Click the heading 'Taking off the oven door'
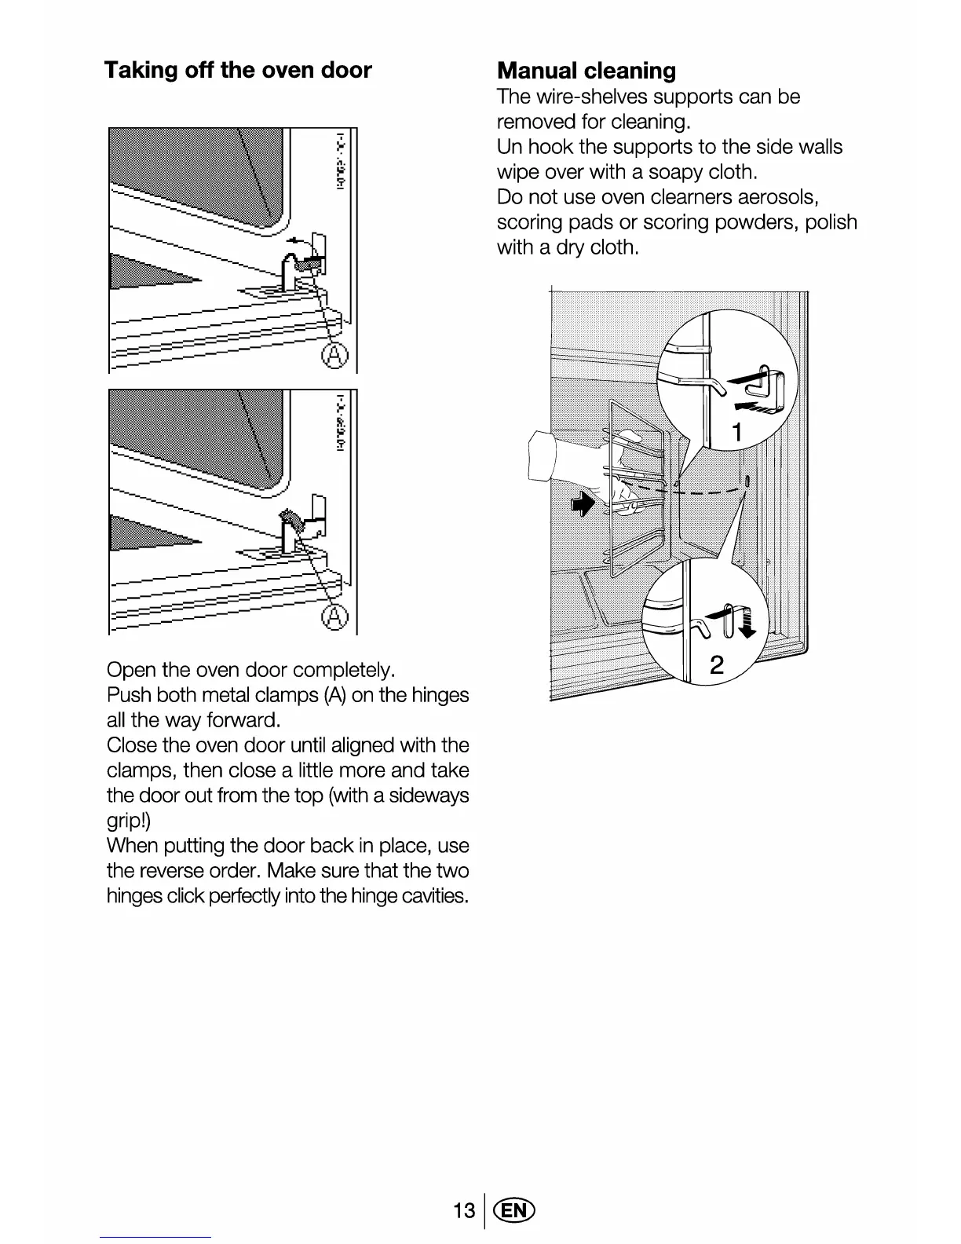click(x=238, y=71)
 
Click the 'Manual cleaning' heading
click(x=586, y=71)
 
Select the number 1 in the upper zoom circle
click(x=737, y=432)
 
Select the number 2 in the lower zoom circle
click(x=717, y=666)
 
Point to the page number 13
click(x=464, y=1210)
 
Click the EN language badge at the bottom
click(x=516, y=1210)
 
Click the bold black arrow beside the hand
click(x=582, y=506)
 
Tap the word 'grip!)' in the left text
click(x=126, y=821)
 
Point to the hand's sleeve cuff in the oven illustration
click(x=543, y=456)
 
